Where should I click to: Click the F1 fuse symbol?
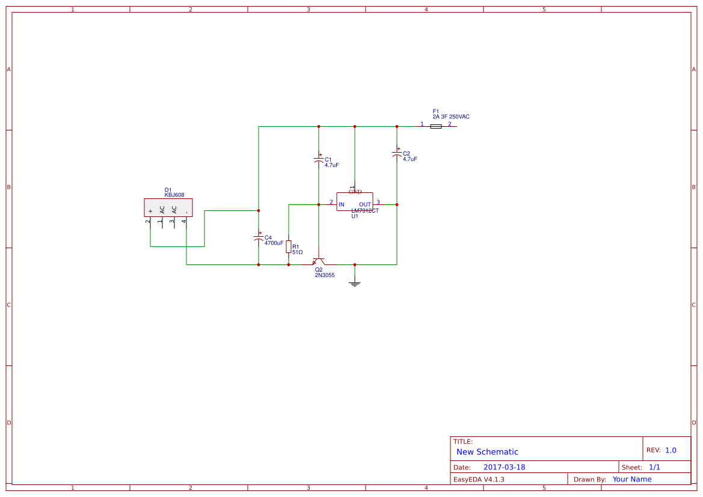pos(437,126)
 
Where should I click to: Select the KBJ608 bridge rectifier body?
pos(168,207)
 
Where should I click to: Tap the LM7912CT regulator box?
pos(354,201)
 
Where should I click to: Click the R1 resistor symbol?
pos(289,246)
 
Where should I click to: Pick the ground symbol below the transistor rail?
pos(355,282)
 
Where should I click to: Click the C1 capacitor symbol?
pos(319,159)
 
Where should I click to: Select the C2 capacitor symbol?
pos(397,153)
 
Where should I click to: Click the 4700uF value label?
pos(274,243)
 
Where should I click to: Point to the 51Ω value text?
pos(297,252)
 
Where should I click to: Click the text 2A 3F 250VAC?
pos(451,117)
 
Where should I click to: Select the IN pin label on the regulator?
pos(342,205)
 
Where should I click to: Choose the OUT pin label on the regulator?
pos(365,205)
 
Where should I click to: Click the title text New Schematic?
pos(487,452)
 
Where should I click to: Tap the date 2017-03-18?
pos(504,467)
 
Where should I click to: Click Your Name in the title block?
pos(632,479)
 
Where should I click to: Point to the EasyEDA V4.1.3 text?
pos(479,479)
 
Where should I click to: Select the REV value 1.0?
pos(671,450)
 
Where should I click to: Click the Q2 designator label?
pos(319,270)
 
